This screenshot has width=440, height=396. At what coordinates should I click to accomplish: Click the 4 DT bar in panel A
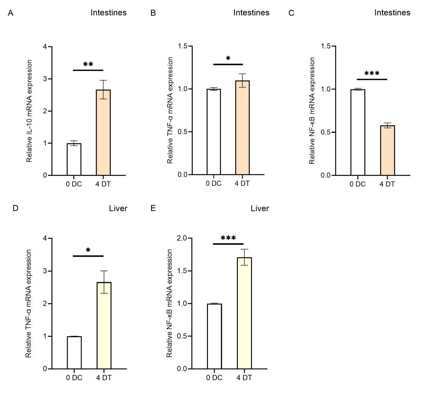(103, 132)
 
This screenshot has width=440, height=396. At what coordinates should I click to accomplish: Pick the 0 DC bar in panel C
(358, 132)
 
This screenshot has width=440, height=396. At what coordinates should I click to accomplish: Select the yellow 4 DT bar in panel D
(104, 325)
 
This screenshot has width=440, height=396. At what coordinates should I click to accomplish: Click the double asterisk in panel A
(88, 65)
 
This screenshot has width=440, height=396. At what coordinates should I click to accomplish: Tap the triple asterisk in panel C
(372, 74)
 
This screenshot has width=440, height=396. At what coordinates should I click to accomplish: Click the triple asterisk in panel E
(228, 239)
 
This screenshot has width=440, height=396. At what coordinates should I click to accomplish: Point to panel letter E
(153, 208)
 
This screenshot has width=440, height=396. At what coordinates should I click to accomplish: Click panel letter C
(291, 13)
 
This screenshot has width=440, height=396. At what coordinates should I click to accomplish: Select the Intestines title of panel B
(251, 13)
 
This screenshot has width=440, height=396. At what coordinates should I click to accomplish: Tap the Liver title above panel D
(118, 208)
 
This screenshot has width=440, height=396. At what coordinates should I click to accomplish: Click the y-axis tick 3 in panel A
(45, 79)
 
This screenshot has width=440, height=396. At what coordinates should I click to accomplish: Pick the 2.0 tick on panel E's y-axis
(182, 238)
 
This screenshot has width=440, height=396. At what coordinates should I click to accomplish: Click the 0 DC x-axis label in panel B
(213, 183)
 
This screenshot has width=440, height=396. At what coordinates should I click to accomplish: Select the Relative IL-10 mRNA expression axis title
(30, 111)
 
